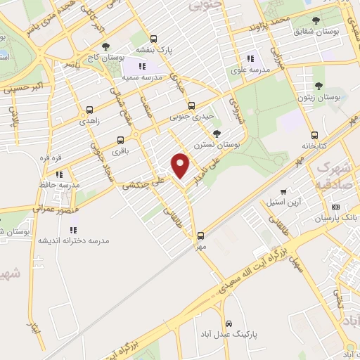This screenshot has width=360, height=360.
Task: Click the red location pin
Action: click(x=181, y=165)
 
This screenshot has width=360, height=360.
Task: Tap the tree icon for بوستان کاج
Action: click(x=105, y=46)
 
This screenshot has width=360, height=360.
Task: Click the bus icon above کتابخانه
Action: click(x=313, y=136)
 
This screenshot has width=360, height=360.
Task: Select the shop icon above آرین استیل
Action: click(x=283, y=191)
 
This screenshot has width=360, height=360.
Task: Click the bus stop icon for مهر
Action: click(x=201, y=236)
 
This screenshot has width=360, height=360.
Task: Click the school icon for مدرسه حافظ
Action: click(x=60, y=174)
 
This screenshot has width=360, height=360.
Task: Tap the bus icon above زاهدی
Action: click(x=89, y=110)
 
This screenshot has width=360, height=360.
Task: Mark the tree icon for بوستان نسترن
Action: click(x=217, y=133)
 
